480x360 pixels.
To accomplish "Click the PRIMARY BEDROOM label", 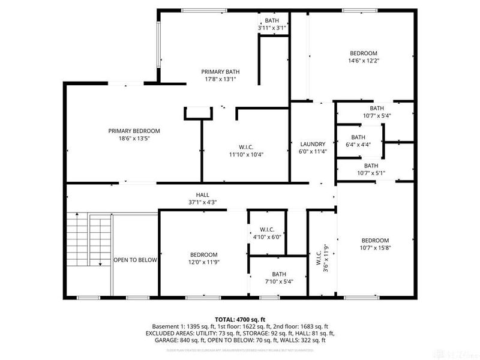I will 134,131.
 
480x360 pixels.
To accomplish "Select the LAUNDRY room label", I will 313,144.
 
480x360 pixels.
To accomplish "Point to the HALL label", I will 202,194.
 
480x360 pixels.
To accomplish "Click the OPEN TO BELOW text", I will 135,260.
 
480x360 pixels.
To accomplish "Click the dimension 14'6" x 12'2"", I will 364,61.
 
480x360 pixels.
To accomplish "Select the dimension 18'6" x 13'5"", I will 134,139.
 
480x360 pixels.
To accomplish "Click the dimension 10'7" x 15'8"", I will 375,248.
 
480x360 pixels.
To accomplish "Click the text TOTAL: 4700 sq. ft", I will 240,319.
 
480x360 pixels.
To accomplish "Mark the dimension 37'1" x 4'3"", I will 202,202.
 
